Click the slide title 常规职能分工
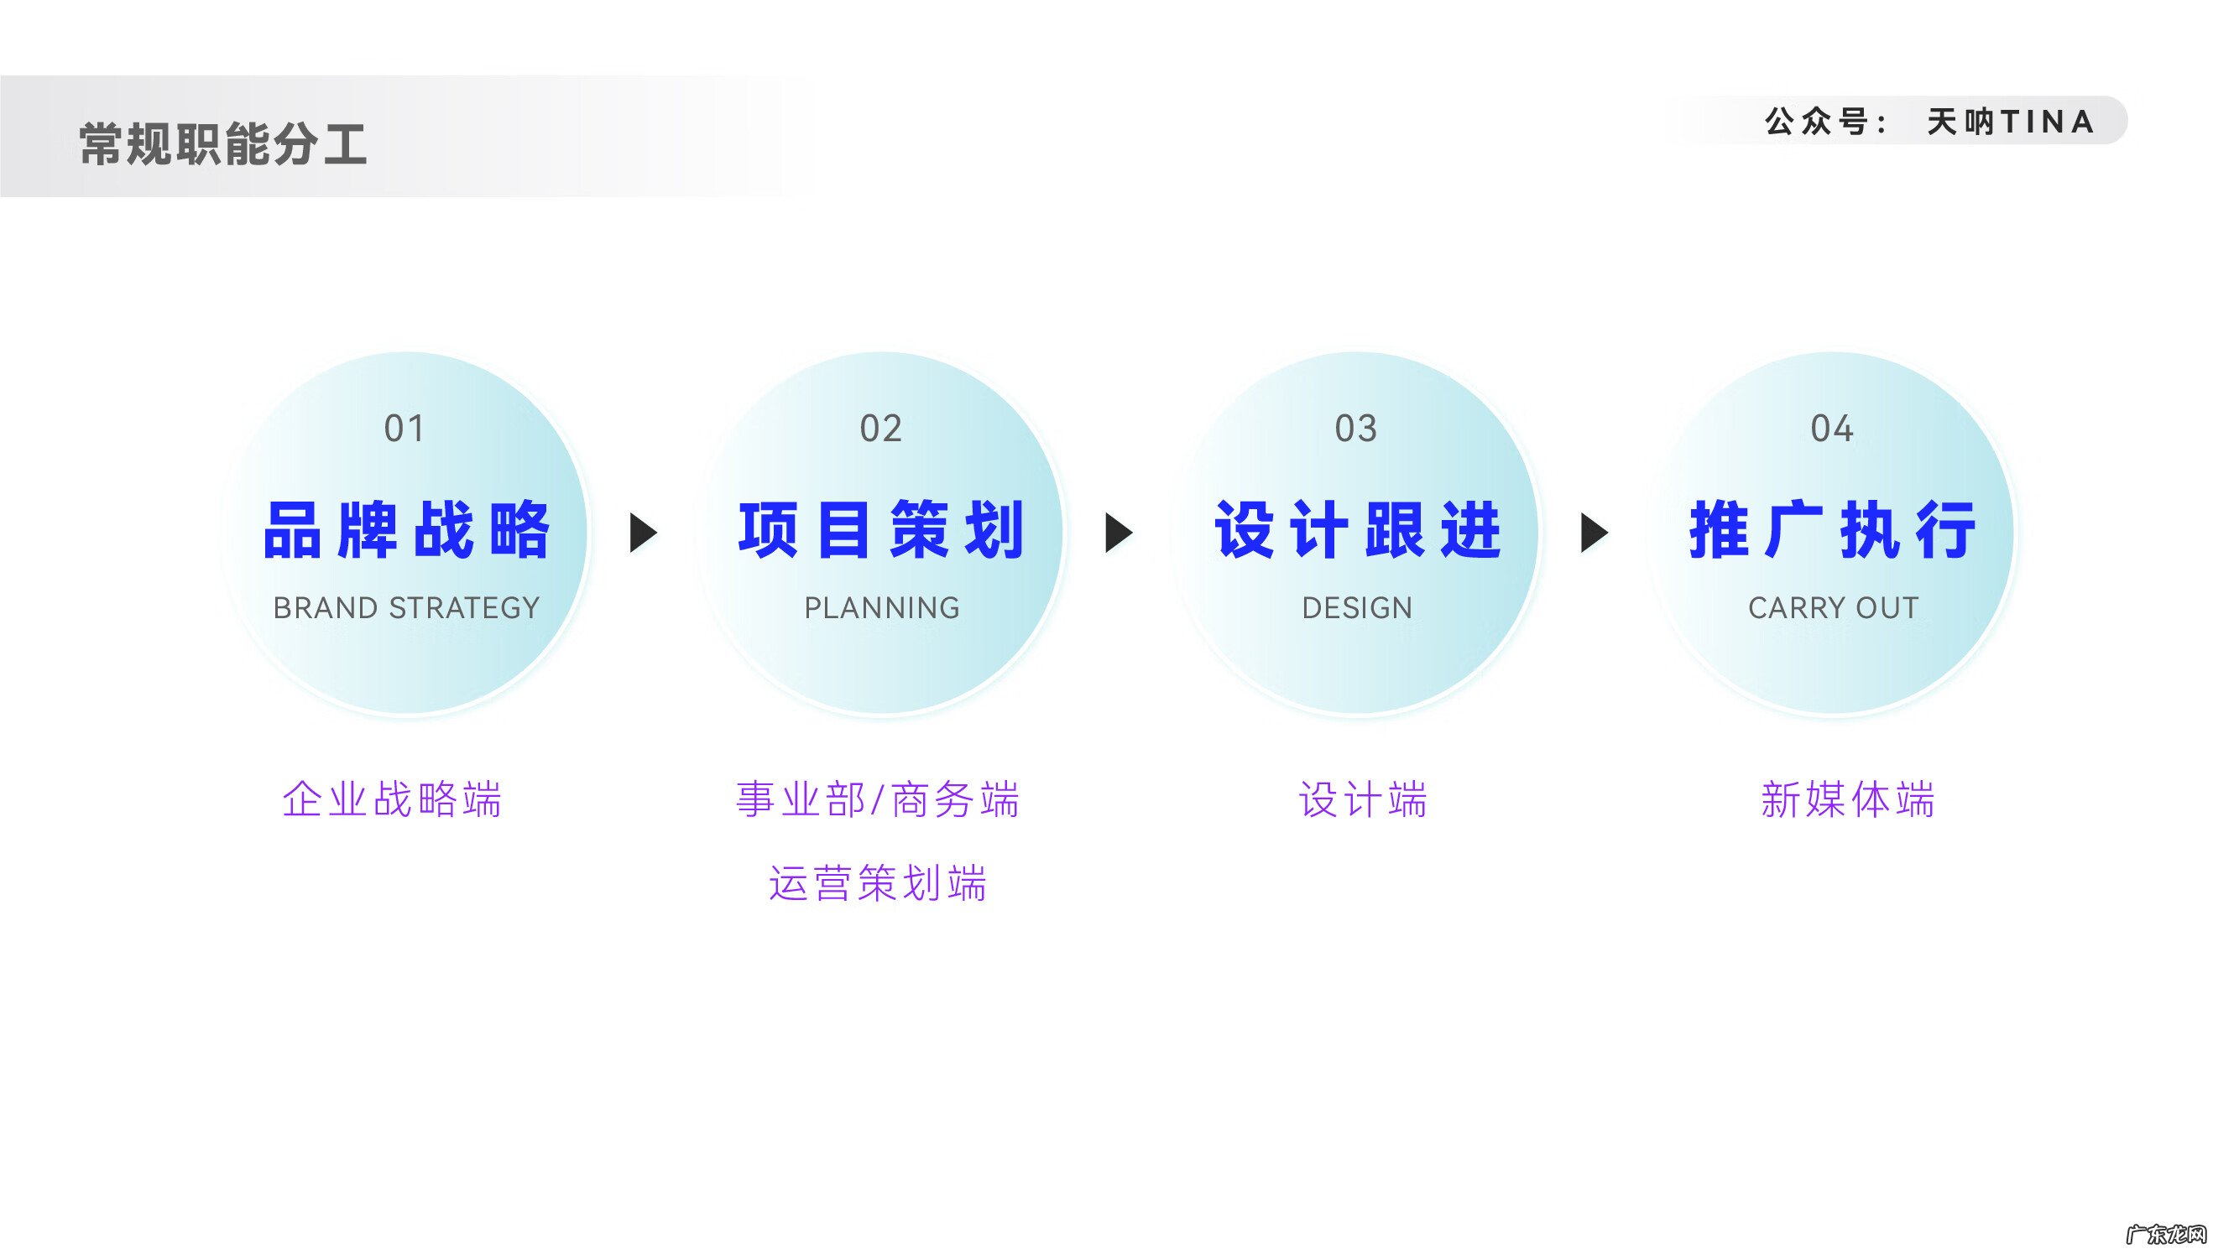tap(222, 143)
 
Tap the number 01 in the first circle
tap(404, 429)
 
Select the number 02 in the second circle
tap(880, 429)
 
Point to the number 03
tap(1356, 429)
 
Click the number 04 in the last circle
tap(1831, 429)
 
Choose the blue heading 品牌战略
tap(406, 530)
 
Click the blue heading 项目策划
tap(881, 530)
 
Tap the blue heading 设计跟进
tap(1357, 530)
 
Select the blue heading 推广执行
tap(1832, 530)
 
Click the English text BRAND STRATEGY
tap(406, 608)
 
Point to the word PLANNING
tap(881, 608)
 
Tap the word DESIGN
tap(1357, 608)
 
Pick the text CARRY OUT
tap(1833, 608)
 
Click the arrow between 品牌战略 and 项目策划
tap(642, 533)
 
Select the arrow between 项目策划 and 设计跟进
tap(1118, 533)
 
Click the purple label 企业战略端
tap(392, 799)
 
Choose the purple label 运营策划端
tap(878, 882)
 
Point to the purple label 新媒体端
tap(1848, 799)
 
